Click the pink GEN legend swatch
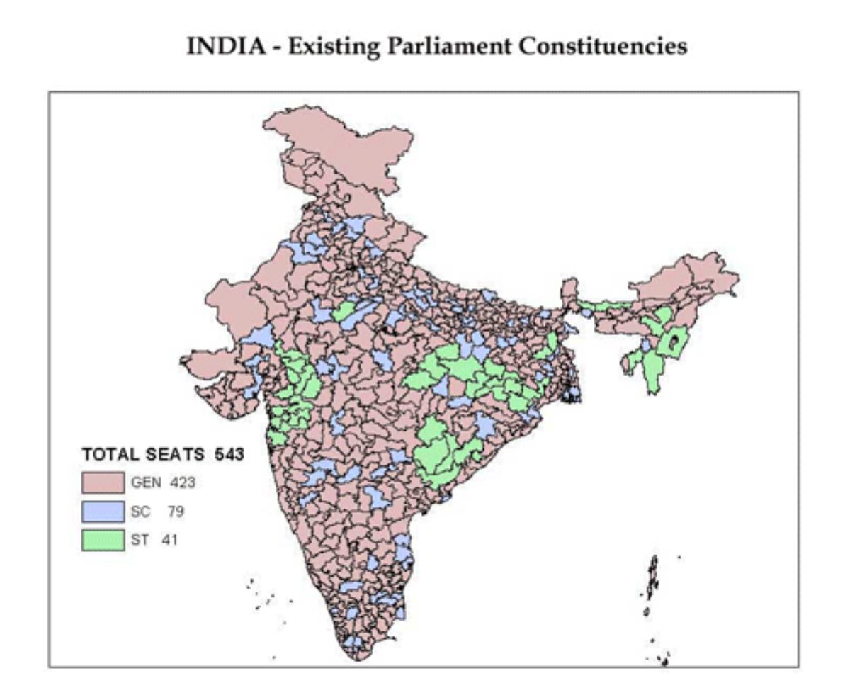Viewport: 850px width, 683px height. tap(103, 484)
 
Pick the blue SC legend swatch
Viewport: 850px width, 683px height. tap(103, 512)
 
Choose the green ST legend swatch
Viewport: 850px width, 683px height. tap(103, 539)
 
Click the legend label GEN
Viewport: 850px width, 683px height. tap(142, 484)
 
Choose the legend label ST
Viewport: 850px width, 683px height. tap(139, 539)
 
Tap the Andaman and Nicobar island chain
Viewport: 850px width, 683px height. tap(652, 581)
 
